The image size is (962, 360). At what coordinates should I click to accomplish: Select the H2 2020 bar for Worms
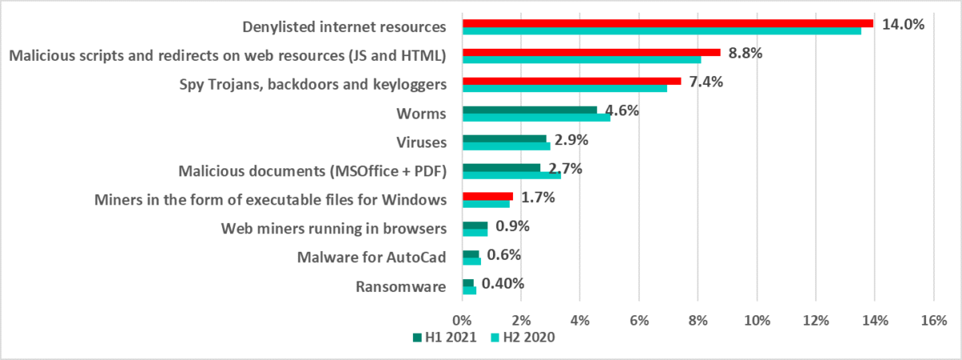coord(536,118)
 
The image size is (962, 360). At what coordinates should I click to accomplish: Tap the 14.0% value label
coord(903,24)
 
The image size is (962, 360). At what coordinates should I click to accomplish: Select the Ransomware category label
coord(400,285)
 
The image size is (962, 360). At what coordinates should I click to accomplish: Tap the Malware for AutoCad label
coord(371,257)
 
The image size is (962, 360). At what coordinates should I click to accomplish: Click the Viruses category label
coord(421,142)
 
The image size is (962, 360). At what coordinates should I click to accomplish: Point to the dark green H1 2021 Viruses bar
coord(504,138)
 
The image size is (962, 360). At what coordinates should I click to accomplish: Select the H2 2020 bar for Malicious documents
coord(511,175)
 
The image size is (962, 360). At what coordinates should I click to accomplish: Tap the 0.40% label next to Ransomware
coord(503,283)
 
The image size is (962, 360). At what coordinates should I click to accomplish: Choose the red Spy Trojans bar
coord(572,80)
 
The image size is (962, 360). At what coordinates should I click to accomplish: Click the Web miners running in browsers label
coord(333,229)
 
